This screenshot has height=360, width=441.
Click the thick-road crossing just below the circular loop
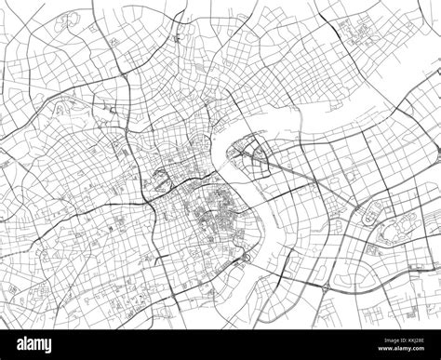click(x=149, y=199)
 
